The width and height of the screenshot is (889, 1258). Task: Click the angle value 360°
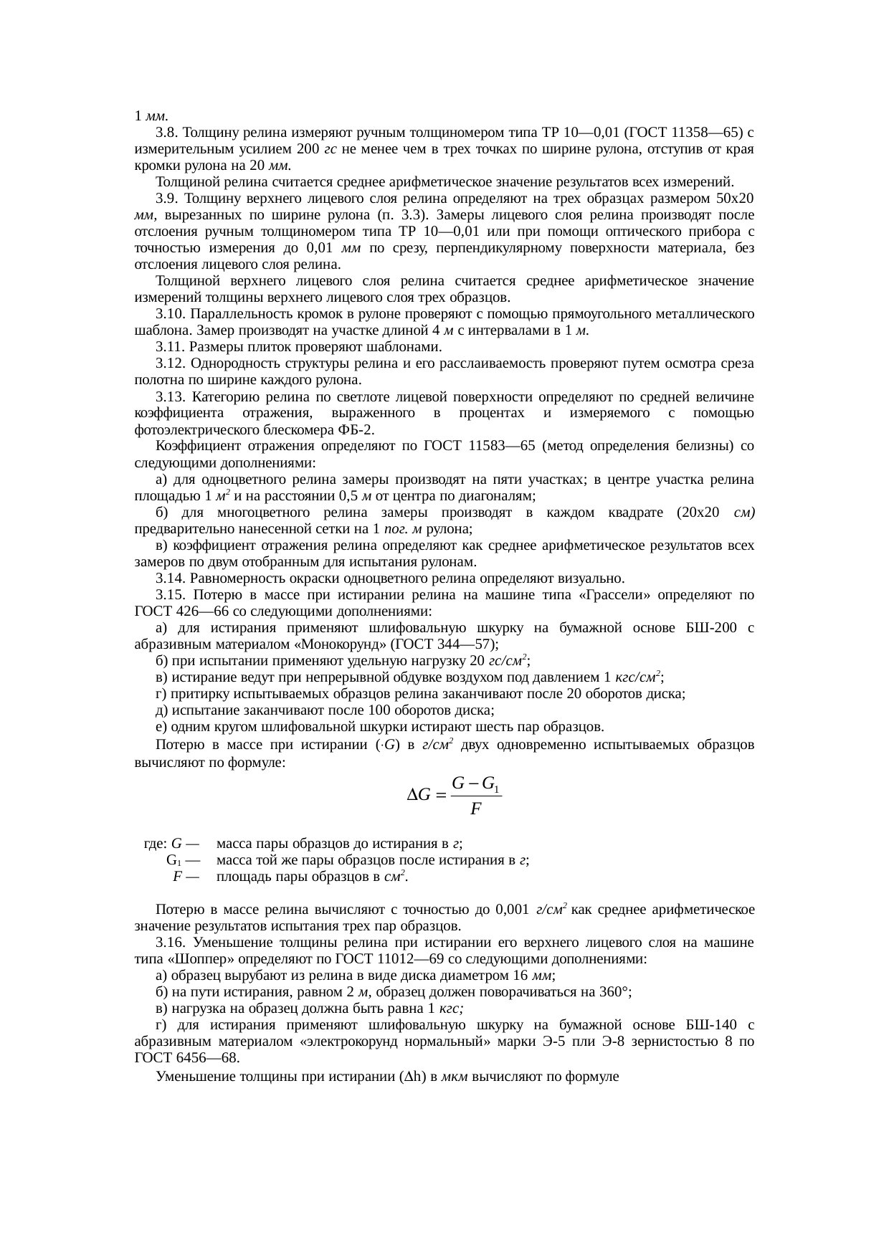click(x=614, y=992)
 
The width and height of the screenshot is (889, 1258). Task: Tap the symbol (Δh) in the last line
click(x=417, y=1076)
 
